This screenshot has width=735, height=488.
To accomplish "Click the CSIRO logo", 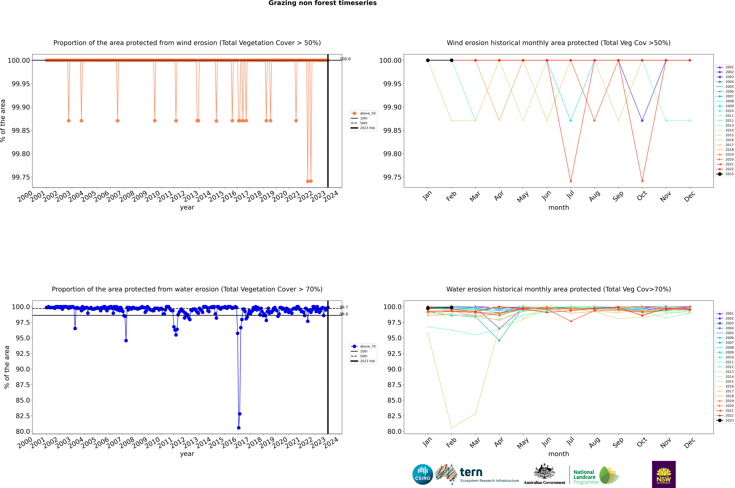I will pos(422,474).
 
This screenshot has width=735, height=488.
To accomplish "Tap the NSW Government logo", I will pos(664,474).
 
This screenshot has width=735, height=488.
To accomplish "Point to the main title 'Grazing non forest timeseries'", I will pos(322,3).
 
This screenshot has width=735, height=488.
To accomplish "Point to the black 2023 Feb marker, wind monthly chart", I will pos(451,60).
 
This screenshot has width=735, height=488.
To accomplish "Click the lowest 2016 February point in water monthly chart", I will pos(451,428).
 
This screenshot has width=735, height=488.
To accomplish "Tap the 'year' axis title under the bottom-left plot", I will pos(187,454).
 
